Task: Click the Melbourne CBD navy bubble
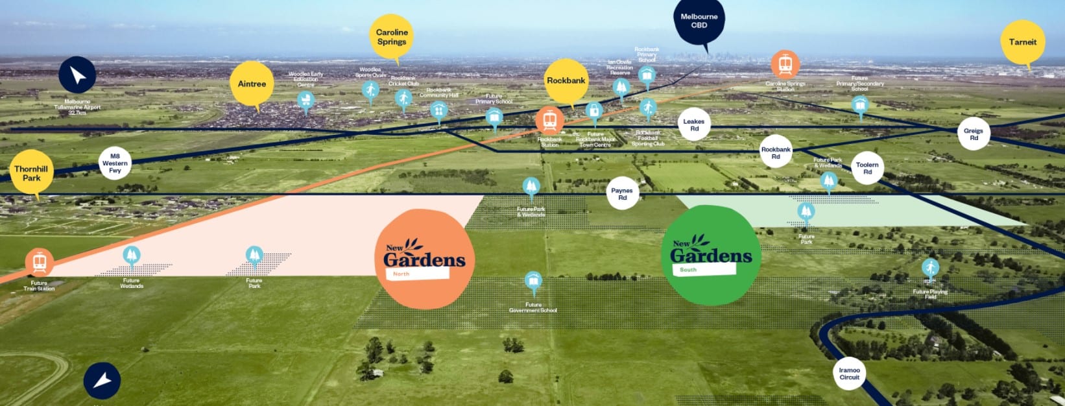tap(699, 21)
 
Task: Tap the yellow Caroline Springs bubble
tap(392, 36)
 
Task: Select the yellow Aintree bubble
tap(252, 84)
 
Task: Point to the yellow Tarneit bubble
tap(1022, 42)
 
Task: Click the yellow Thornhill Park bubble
tap(31, 173)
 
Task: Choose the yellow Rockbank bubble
tap(566, 80)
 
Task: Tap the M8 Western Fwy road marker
tap(115, 163)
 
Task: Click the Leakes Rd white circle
tap(693, 125)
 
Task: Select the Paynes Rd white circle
tap(622, 194)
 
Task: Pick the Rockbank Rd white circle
tap(776, 152)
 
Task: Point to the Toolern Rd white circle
tap(867, 168)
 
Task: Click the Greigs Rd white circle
tap(974, 134)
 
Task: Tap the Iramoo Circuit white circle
tap(849, 374)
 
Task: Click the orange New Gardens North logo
tap(425, 258)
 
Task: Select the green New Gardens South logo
tap(711, 255)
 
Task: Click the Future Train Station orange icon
tap(40, 262)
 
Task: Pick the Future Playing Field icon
tap(930, 268)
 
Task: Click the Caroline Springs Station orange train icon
tap(785, 64)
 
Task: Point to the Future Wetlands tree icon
tap(132, 256)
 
